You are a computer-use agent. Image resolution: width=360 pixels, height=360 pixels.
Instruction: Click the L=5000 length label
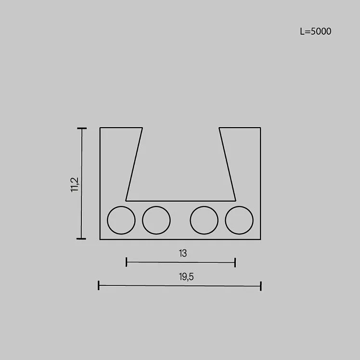tap(315, 31)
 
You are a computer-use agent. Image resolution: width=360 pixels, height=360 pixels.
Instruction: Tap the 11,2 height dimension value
tap(75, 185)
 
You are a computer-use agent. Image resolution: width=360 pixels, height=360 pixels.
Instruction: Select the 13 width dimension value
tap(183, 253)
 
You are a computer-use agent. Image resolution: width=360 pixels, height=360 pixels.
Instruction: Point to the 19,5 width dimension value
tap(186, 277)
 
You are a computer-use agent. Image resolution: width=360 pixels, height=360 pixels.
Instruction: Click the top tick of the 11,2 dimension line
tap(82, 129)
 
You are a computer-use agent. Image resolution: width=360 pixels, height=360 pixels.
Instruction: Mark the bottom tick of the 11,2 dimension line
tap(81, 239)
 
